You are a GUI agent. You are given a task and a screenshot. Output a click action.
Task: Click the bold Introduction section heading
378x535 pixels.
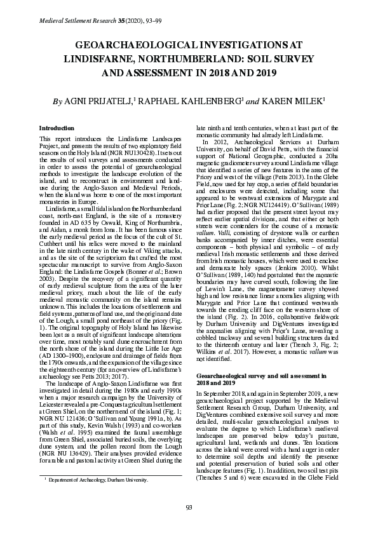tap(57, 128)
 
